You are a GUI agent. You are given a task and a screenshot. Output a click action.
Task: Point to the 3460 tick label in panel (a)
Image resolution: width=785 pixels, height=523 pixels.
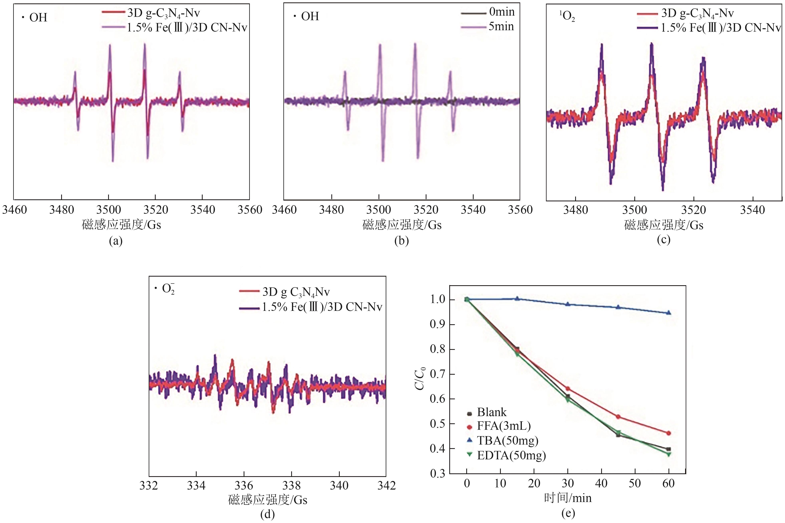(x=15, y=210)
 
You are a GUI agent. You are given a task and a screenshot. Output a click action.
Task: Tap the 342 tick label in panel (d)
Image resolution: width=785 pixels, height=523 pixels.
(x=386, y=485)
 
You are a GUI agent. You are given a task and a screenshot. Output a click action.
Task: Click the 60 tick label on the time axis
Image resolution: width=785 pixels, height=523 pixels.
(x=668, y=483)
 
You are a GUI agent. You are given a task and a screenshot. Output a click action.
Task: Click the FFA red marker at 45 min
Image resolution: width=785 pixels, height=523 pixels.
(x=618, y=417)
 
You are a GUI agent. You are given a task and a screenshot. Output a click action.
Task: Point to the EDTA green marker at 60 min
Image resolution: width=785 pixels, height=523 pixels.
(x=668, y=454)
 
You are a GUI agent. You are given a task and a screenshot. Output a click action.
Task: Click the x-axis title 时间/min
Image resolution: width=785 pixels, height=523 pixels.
(x=568, y=498)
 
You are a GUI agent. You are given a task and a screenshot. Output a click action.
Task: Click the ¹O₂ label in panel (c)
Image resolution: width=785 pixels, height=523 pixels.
(x=567, y=16)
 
